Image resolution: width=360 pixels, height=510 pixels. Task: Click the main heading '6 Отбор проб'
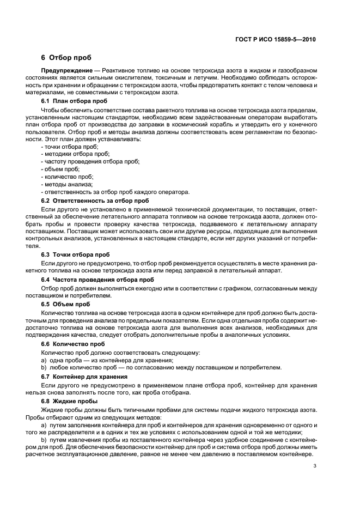(x=66, y=58)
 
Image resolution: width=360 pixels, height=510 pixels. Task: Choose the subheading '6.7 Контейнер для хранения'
(x=84, y=377)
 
